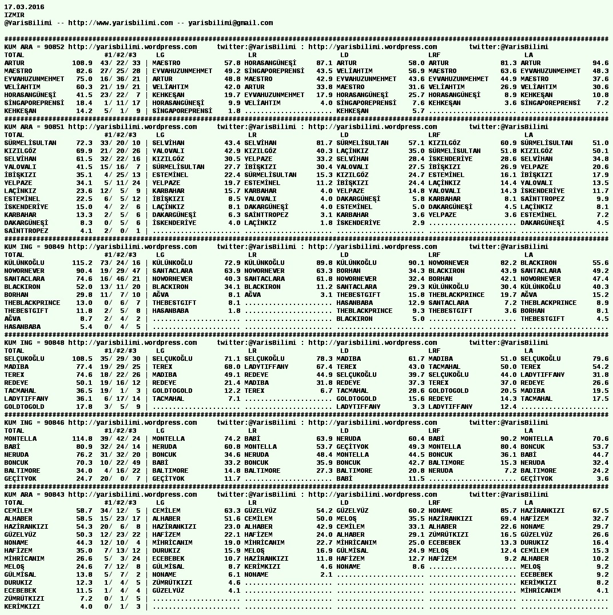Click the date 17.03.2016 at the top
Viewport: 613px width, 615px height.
tap(24, 7)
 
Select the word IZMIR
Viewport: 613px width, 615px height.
tap(14, 15)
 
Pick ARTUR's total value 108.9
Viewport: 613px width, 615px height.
tap(82, 63)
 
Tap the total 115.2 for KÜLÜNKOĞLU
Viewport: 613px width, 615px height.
tap(82, 263)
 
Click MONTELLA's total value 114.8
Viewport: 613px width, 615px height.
tap(82, 439)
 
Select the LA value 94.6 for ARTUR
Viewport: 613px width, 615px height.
tap(600, 63)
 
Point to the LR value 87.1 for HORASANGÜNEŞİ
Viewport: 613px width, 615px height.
tap(324, 63)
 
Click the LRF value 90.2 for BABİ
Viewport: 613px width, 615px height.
tap(508, 439)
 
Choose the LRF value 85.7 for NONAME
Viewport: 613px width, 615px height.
tap(508, 511)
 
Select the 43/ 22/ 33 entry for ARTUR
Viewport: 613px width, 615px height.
tap(120, 63)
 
